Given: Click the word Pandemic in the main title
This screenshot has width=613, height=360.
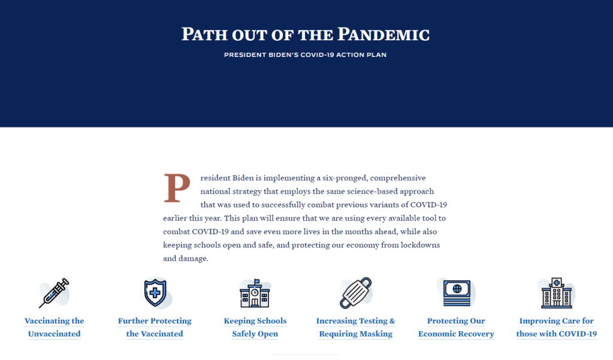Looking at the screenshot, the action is point(383,34).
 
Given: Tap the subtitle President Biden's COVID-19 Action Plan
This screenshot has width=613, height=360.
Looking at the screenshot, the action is point(306,55).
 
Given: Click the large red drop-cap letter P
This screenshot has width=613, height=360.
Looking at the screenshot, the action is point(177,188).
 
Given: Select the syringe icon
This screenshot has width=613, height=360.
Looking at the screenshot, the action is point(54,293).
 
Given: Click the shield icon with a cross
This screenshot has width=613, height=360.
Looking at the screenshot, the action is point(155,293).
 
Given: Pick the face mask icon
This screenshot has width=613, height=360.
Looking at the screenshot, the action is point(356,293).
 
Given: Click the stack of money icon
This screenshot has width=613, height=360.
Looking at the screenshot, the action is point(457,293).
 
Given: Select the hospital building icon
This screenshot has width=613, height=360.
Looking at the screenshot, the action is point(557,293).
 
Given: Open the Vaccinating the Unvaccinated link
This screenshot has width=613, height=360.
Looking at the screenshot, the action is point(55,327).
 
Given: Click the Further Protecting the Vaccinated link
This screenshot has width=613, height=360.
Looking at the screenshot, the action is point(155,327).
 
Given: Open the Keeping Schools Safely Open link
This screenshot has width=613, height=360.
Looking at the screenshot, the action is point(255,327).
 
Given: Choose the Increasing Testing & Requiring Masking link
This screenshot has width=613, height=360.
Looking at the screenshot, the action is point(356,327).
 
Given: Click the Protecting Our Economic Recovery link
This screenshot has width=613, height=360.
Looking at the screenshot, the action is point(456,327).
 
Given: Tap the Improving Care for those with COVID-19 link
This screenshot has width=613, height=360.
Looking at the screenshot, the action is point(557,327).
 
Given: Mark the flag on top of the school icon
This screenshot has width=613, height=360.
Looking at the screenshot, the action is point(257,282).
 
